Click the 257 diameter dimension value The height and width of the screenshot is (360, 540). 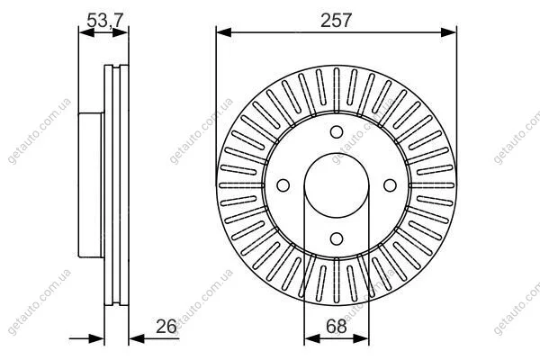pyautogui.click(x=336, y=21)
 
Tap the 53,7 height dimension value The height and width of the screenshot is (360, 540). pyautogui.click(x=104, y=21)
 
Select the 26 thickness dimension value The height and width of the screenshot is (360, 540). pyautogui.click(x=166, y=326)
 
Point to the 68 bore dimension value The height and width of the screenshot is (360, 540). pyautogui.click(x=336, y=326)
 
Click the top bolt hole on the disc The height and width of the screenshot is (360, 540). pyautogui.click(x=337, y=132)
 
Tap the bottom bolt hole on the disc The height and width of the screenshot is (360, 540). pyautogui.click(x=337, y=238)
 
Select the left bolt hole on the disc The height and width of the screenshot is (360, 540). pyautogui.click(x=283, y=185)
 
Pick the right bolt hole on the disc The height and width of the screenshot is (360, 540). pyautogui.click(x=390, y=185)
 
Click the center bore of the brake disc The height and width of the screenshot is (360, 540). pyautogui.click(x=337, y=185)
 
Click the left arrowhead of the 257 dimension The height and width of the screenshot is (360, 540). pyautogui.click(x=224, y=32)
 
